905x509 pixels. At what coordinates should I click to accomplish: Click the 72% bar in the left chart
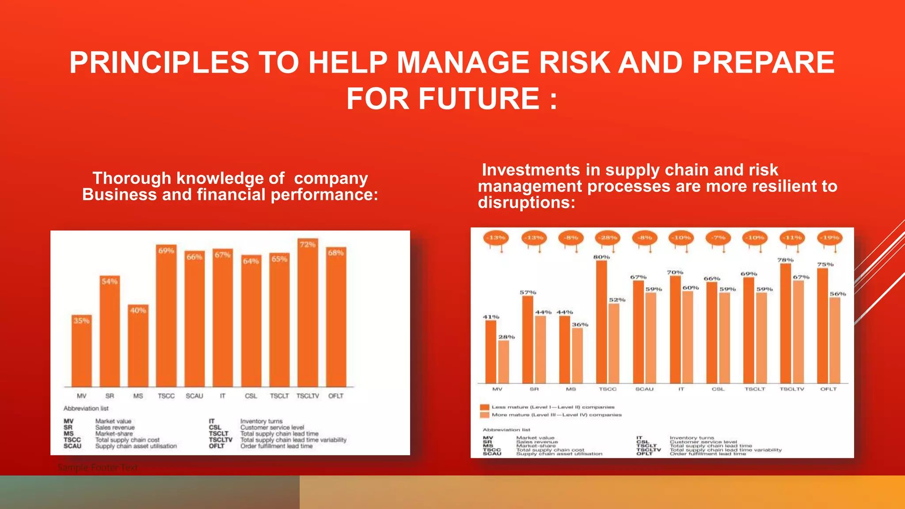coord(308,314)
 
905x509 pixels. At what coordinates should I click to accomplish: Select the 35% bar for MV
coord(81,351)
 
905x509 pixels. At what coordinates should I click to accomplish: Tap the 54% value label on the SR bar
coord(110,281)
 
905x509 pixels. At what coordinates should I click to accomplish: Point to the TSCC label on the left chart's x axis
coord(166,396)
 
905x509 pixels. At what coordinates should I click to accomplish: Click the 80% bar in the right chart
coord(601,323)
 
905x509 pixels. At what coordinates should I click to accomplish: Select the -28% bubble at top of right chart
coord(608,238)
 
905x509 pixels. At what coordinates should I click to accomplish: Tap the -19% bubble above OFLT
coord(830,238)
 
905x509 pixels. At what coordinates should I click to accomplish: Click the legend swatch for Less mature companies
coord(485,407)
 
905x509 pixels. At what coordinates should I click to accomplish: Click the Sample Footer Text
coord(98,467)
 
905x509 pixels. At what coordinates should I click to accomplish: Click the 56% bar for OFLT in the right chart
coord(834,340)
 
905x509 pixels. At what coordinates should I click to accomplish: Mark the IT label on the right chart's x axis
coord(681,389)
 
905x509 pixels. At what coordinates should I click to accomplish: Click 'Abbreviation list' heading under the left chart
coord(86,408)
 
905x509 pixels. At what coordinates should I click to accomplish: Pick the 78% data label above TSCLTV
coord(785,260)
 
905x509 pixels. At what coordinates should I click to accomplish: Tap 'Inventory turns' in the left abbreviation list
coord(261,421)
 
